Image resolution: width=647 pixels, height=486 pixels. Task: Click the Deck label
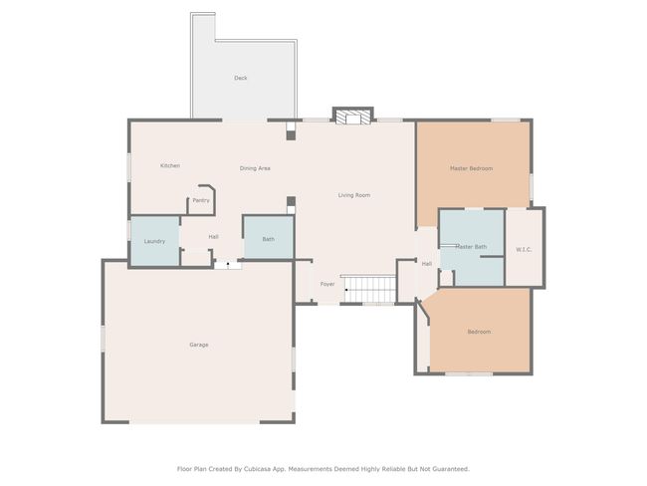tap(241, 78)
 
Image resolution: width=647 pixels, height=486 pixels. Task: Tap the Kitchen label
tap(170, 165)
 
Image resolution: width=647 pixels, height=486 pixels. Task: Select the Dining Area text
tap(255, 168)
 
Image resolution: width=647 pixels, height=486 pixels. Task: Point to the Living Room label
tap(354, 195)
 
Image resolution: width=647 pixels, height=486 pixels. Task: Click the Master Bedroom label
tap(471, 168)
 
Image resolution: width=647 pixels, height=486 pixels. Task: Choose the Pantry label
tap(201, 200)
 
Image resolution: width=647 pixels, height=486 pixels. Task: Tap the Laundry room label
tap(154, 241)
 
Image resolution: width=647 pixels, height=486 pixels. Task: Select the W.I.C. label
tap(524, 249)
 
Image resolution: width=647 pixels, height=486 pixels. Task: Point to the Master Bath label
tap(471, 247)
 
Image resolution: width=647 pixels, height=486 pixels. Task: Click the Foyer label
tap(327, 284)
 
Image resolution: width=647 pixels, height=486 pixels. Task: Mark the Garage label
tap(199, 345)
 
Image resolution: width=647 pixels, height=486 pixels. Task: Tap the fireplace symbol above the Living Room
tap(352, 117)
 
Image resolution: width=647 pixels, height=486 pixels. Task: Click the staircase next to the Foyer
tap(368, 289)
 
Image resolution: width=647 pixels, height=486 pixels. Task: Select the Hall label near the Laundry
tap(213, 237)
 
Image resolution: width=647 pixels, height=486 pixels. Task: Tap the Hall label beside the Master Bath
tap(427, 264)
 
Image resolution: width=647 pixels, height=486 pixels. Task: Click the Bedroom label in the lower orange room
tap(479, 332)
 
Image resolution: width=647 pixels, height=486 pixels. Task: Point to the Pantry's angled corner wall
tap(212, 188)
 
